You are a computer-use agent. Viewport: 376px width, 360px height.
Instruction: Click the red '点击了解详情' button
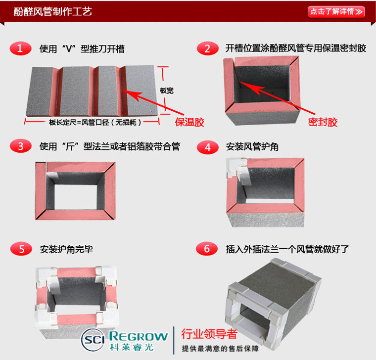pos(336,11)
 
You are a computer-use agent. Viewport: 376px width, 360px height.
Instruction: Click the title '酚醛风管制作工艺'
pos(53,11)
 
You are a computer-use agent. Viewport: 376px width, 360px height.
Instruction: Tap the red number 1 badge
pos(20,48)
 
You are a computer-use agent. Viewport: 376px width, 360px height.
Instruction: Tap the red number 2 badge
pos(207,48)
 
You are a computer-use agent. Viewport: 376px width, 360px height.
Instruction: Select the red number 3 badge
pos(20,146)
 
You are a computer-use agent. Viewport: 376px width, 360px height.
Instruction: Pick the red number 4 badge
pos(207,147)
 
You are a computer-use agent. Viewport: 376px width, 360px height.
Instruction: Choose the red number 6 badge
pos(207,248)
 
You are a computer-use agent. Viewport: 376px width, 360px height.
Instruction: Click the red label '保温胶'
pos(190,122)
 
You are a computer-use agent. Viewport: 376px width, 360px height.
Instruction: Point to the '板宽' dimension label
pos(167,91)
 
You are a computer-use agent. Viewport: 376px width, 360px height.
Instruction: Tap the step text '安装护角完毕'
pos(66,249)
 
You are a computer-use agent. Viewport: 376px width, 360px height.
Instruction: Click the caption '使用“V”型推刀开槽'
pos(82,49)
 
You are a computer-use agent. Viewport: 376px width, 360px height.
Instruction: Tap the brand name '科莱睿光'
pos(132,347)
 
